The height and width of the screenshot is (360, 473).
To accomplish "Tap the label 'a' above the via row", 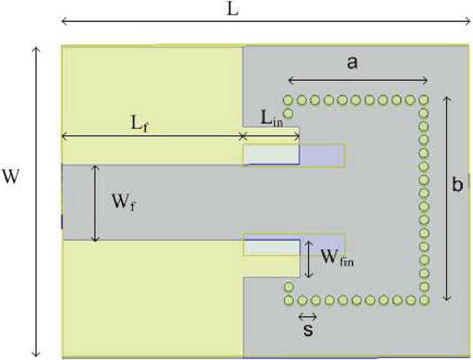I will pyautogui.click(x=352, y=64).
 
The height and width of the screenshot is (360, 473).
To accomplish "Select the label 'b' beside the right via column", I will pyautogui.click(x=457, y=185).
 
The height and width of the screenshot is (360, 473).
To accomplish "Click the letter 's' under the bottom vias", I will pyautogui.click(x=308, y=331).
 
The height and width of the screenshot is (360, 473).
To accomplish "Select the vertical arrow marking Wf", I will pyautogui.click(x=95, y=202).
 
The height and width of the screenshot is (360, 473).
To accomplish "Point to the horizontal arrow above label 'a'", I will pyautogui.click(x=357, y=80).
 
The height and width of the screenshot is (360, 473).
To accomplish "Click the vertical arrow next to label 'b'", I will pyautogui.click(x=446, y=198).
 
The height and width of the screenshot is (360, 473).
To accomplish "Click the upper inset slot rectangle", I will pyautogui.click(x=293, y=155).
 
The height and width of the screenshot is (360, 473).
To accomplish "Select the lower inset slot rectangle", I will pyautogui.click(x=293, y=245).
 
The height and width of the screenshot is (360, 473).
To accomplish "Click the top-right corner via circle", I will pyautogui.click(x=423, y=100).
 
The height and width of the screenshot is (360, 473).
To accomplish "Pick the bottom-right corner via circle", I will pyautogui.click(x=423, y=287).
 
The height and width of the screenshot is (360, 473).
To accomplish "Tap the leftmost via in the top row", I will pyautogui.click(x=289, y=100).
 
